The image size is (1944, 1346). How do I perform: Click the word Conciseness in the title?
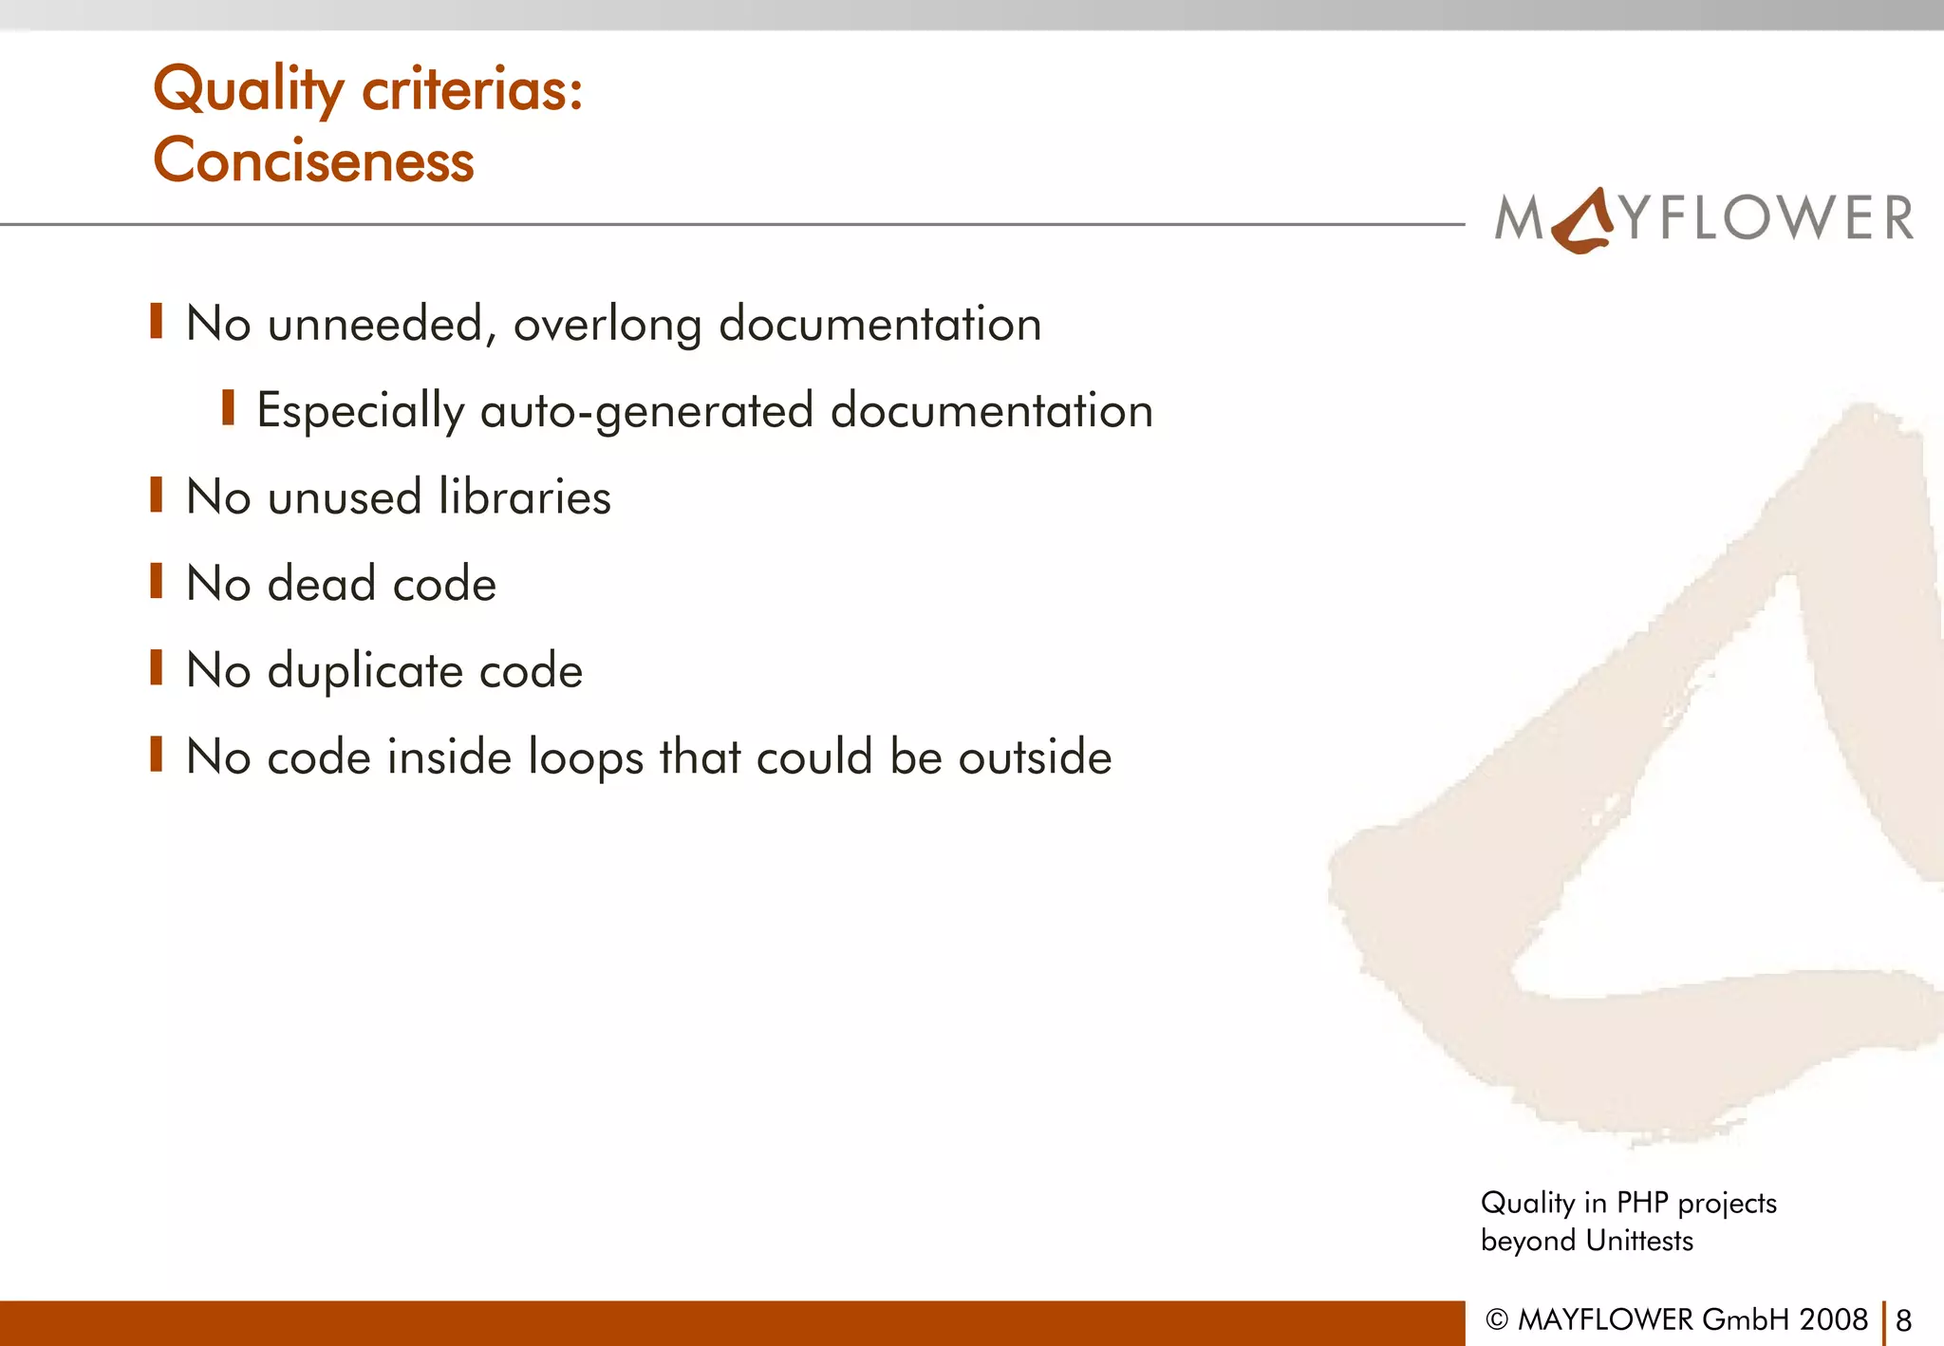pyautogui.click(x=313, y=159)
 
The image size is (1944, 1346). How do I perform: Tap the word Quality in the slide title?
pyautogui.click(x=249, y=91)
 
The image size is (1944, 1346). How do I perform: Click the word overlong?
pyautogui.click(x=607, y=326)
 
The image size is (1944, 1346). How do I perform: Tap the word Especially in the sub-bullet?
pyautogui.click(x=361, y=412)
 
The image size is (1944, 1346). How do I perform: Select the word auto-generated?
pyautogui.click(x=647, y=412)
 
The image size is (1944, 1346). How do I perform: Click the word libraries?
pyautogui.click(x=525, y=496)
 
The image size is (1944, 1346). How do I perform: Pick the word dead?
pyautogui.click(x=322, y=583)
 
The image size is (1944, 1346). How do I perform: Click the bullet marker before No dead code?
pyautogui.click(x=157, y=581)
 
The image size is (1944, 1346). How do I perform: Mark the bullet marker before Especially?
pyautogui.click(x=228, y=408)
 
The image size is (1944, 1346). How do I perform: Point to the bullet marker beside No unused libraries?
pyautogui.click(x=157, y=495)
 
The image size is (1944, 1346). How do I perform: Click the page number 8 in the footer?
pyautogui.click(x=1903, y=1320)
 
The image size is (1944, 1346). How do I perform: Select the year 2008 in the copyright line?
pyautogui.click(x=1833, y=1319)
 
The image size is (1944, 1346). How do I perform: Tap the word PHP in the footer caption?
pyautogui.click(x=1642, y=1203)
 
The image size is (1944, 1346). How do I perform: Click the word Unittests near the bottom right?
pyautogui.click(x=1639, y=1241)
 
